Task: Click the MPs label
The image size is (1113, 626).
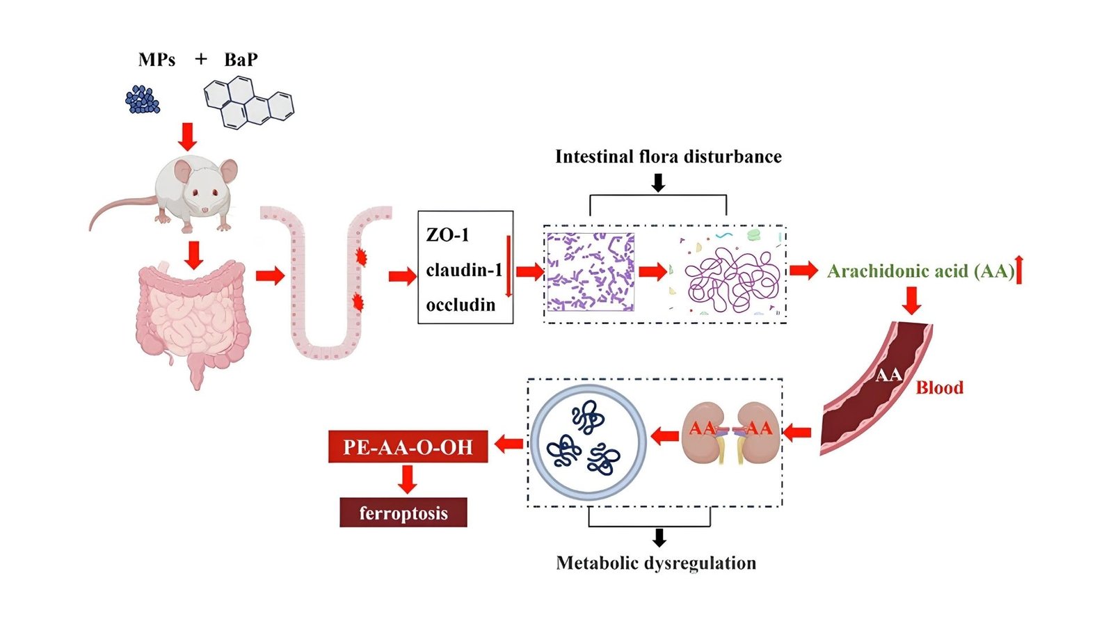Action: (157, 60)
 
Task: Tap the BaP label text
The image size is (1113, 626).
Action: (241, 60)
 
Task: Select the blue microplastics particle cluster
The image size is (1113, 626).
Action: (143, 100)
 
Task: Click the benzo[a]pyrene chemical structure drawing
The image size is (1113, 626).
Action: (248, 103)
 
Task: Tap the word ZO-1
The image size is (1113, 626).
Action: (447, 235)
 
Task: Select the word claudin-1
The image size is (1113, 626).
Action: (463, 270)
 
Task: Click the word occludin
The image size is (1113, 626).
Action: (461, 305)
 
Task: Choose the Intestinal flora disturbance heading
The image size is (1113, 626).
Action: (668, 156)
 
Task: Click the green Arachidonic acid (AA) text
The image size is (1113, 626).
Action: (920, 271)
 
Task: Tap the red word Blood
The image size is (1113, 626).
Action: (939, 388)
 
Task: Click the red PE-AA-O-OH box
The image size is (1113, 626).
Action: (408, 447)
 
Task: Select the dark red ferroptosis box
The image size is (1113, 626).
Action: (403, 513)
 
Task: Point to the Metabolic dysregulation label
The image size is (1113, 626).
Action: (656, 563)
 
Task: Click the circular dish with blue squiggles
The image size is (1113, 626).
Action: (588, 442)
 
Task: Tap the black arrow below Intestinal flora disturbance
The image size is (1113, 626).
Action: (657, 183)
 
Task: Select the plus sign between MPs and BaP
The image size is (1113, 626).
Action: (201, 59)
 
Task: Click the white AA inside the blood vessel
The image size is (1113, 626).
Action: (888, 376)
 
